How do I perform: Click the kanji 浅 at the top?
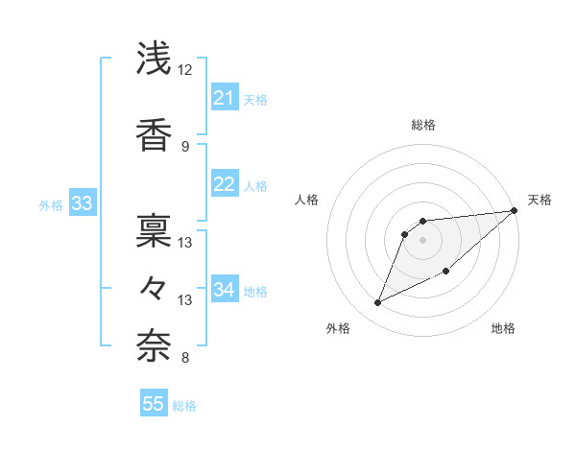click(x=155, y=59)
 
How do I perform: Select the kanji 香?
click(x=155, y=135)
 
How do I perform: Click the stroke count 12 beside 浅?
click(x=185, y=70)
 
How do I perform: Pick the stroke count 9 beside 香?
click(x=185, y=146)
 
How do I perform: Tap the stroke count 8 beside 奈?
click(x=185, y=359)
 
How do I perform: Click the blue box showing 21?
click(x=225, y=98)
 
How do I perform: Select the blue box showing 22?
click(x=225, y=184)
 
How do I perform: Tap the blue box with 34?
click(x=225, y=290)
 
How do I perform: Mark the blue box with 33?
click(x=82, y=203)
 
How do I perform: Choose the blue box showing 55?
click(x=154, y=404)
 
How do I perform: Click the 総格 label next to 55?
click(x=184, y=406)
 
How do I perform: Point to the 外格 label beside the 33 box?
click(x=51, y=204)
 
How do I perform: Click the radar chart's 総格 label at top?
click(x=422, y=125)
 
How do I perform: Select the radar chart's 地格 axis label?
click(x=503, y=329)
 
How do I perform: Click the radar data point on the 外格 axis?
click(x=378, y=303)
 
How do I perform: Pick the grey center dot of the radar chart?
click(x=422, y=239)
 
